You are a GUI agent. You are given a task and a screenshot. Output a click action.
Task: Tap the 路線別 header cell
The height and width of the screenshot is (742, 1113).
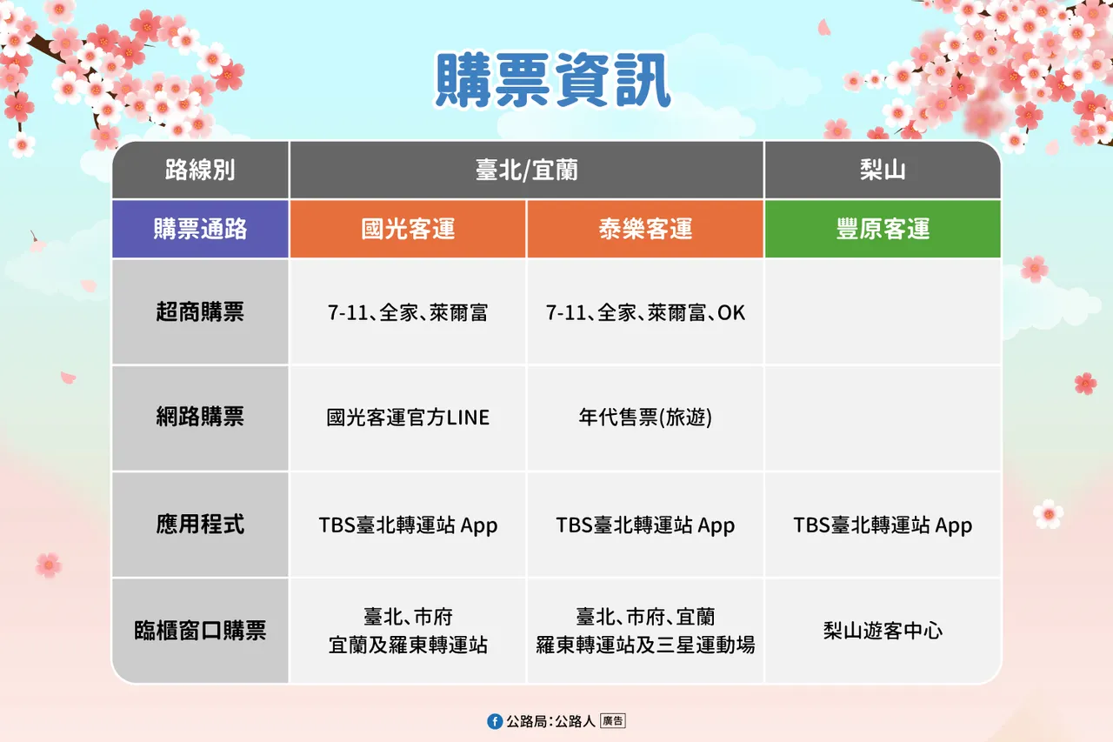point(200,170)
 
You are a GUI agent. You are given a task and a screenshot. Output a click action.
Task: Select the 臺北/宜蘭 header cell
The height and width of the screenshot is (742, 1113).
point(526,170)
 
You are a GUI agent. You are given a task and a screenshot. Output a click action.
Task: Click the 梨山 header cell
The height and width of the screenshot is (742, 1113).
point(883,170)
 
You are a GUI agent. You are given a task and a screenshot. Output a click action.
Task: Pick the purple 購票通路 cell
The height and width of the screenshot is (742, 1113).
point(200,229)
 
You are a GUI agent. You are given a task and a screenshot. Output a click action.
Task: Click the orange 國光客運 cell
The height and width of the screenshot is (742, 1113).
point(408,229)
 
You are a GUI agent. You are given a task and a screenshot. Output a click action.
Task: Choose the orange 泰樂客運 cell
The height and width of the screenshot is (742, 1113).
point(645,229)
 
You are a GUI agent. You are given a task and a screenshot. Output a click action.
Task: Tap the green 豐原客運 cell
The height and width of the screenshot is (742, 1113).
point(883,229)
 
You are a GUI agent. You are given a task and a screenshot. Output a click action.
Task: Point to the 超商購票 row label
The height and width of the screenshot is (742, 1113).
point(200,312)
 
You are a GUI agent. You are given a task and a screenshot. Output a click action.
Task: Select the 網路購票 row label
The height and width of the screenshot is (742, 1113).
point(200,418)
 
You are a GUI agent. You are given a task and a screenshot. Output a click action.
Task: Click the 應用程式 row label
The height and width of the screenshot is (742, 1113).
point(200,525)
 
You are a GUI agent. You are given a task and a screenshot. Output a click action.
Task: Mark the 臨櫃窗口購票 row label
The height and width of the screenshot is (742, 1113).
point(200,631)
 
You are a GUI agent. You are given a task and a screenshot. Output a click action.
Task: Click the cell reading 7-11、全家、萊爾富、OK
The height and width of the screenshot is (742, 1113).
point(645,312)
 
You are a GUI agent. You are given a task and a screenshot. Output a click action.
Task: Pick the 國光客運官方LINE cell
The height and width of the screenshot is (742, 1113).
point(408,418)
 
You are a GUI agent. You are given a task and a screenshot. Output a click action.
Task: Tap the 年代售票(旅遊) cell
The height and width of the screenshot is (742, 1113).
point(645,418)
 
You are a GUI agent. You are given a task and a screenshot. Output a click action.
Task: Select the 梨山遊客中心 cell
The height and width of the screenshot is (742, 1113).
point(883,631)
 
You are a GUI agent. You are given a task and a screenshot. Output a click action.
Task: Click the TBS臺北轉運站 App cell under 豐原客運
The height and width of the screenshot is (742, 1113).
point(883,525)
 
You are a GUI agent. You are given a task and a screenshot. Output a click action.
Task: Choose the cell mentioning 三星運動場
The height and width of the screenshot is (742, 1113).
point(645,632)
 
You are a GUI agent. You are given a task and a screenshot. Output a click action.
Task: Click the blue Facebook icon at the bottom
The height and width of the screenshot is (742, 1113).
point(495,721)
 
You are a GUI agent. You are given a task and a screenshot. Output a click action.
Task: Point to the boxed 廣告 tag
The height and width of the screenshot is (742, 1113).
point(612,721)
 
